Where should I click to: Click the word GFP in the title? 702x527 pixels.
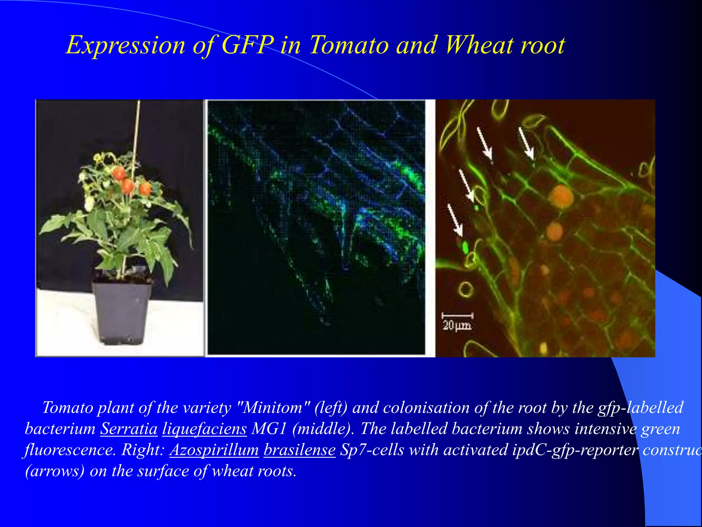click(247, 45)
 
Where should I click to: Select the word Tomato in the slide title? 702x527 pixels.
click(349, 45)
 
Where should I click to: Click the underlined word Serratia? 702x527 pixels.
click(129, 429)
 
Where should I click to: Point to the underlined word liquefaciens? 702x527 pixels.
click(204, 429)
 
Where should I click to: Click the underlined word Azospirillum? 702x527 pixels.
click(214, 450)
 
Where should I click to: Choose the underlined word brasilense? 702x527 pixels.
click(299, 450)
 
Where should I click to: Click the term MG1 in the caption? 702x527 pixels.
click(268, 429)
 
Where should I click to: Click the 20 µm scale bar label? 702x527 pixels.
click(457, 325)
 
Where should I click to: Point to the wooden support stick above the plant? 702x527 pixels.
click(138, 124)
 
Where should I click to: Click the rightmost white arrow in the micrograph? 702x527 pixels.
click(526, 143)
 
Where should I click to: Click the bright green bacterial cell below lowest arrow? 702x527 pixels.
click(465, 246)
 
